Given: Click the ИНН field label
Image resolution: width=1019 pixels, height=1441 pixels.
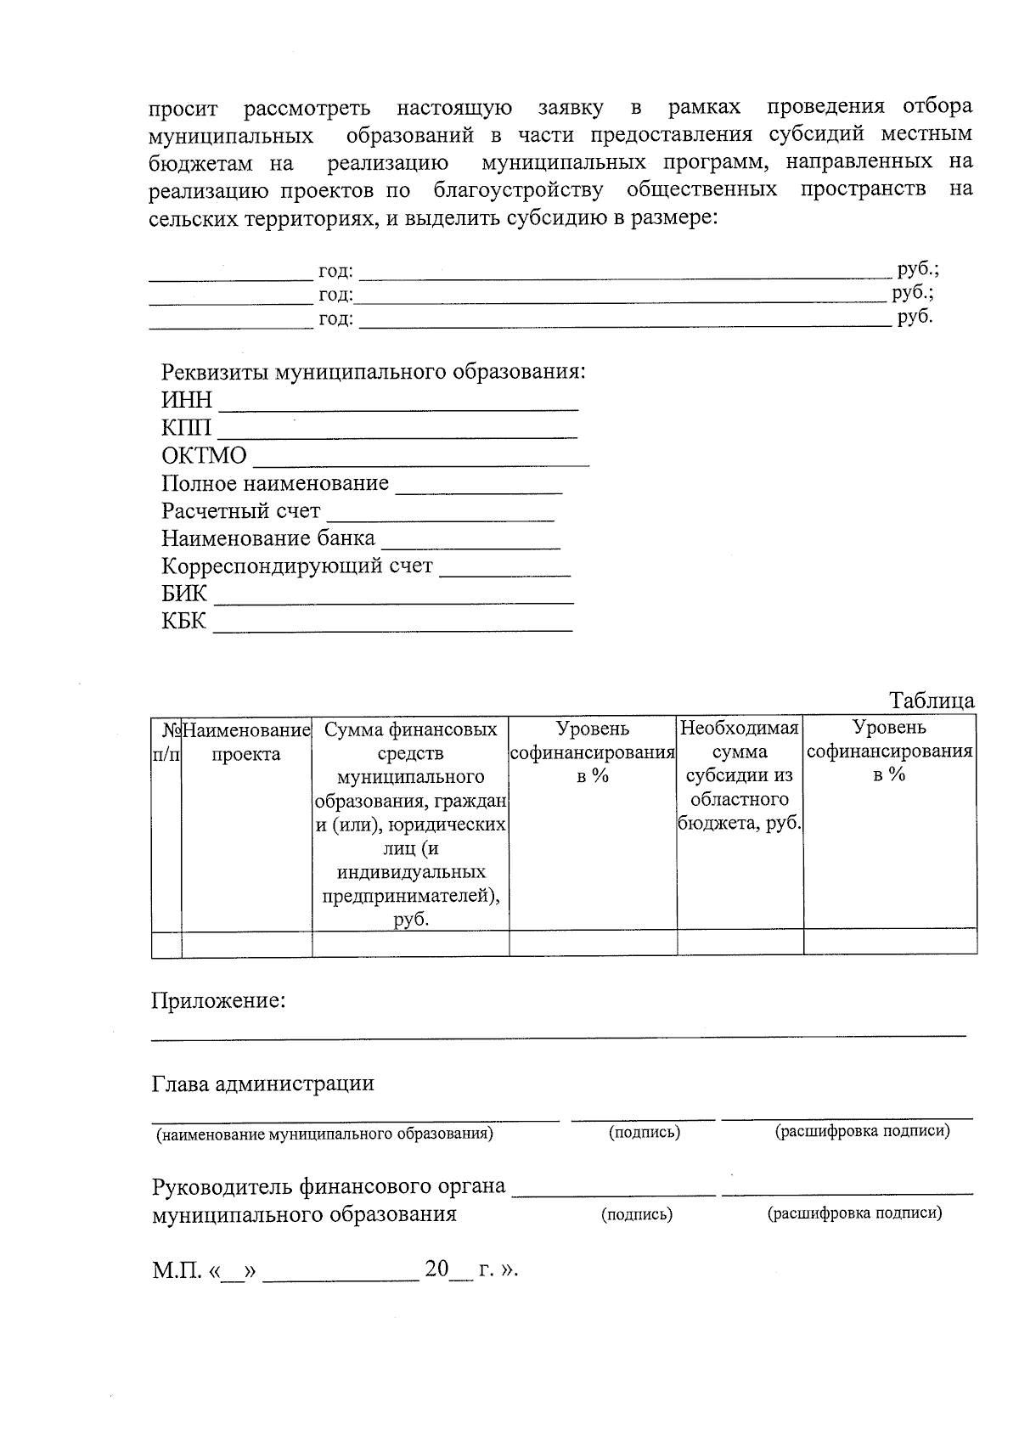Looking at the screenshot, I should pyautogui.click(x=187, y=400).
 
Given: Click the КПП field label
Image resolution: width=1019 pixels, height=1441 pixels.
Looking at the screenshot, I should pyautogui.click(x=187, y=428).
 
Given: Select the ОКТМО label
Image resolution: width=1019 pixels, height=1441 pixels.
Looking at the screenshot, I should pyautogui.click(x=204, y=456).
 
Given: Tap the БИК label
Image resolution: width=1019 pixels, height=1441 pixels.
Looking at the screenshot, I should pyautogui.click(x=184, y=594).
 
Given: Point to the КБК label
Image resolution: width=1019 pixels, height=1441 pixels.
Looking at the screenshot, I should pyautogui.click(x=184, y=622).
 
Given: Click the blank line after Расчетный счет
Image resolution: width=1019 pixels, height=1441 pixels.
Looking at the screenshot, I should pyautogui.click(x=440, y=518).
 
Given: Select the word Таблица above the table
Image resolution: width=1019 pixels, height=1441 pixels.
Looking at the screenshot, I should pyautogui.click(x=932, y=701).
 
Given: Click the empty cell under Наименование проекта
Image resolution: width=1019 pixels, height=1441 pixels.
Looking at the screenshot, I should pyautogui.click(x=246, y=943).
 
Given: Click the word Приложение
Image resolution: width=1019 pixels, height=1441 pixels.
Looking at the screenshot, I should pyautogui.click(x=218, y=1001).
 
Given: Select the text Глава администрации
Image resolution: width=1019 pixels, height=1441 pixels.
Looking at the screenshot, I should pyautogui.click(x=262, y=1084).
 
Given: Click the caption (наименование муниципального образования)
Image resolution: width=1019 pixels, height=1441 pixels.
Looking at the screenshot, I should pyautogui.click(x=324, y=1134).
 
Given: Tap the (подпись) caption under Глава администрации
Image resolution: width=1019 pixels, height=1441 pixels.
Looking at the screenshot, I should pyautogui.click(x=645, y=1133).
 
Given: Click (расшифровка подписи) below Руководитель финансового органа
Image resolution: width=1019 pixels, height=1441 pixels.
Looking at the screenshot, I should pyautogui.click(x=855, y=1213).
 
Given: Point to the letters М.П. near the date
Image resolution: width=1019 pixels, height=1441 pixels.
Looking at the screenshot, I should pyautogui.click(x=177, y=1270).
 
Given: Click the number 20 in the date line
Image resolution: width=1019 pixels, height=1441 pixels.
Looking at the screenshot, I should pyautogui.click(x=436, y=1269).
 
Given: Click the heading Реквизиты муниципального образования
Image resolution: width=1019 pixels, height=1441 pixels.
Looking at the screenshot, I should pyautogui.click(x=374, y=372).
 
